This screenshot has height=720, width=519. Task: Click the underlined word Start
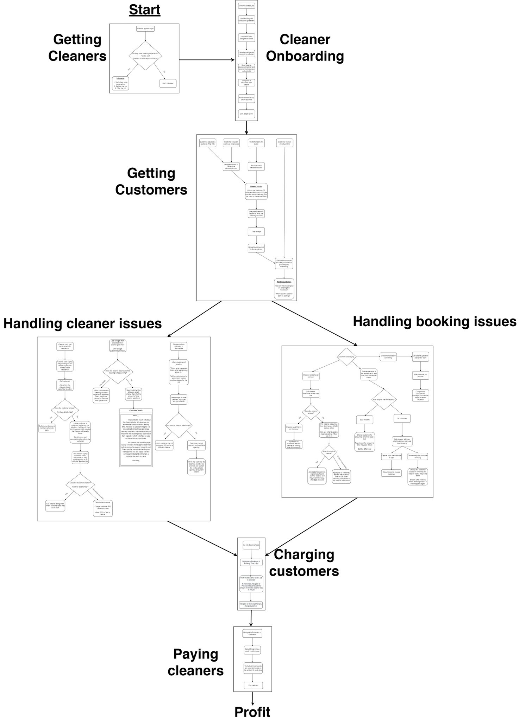click(x=144, y=10)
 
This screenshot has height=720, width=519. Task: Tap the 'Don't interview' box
click(x=168, y=83)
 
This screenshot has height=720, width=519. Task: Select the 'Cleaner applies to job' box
click(x=145, y=28)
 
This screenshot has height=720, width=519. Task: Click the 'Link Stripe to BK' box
click(x=246, y=114)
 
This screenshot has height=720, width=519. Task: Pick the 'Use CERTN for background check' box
click(x=246, y=38)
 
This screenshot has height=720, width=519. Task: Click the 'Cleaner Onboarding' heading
click(x=305, y=48)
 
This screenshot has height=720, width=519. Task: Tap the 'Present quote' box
click(x=256, y=192)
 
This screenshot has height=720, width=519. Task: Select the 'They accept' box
click(x=256, y=232)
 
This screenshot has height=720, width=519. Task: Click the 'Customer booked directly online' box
click(x=285, y=143)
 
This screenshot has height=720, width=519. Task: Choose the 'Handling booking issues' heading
click(x=434, y=321)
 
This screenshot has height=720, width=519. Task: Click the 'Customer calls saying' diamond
click(x=347, y=357)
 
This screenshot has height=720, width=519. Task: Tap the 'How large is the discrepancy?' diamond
click(x=384, y=400)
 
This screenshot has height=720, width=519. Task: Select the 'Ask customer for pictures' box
click(x=420, y=375)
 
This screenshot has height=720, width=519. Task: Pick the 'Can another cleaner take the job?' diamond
click(x=179, y=425)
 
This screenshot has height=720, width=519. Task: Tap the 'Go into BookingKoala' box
click(x=251, y=545)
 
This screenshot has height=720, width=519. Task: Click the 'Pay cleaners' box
click(x=253, y=685)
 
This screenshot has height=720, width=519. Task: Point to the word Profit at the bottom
click(x=252, y=712)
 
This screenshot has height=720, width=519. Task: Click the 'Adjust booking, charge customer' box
click(x=391, y=473)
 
